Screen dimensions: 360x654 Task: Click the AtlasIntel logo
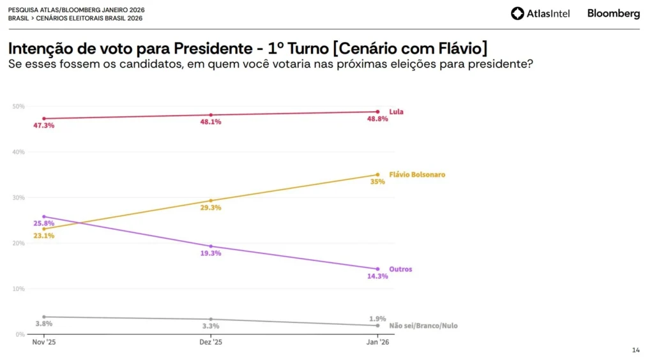click(540, 13)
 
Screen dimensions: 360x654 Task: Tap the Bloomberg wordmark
click(613, 13)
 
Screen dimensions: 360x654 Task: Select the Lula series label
click(396, 112)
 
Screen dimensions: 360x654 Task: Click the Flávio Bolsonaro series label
click(417, 174)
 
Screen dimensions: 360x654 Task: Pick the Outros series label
click(400, 269)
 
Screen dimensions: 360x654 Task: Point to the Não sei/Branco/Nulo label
click(423, 326)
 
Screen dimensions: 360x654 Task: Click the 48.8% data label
click(377, 119)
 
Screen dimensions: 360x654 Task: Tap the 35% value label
click(377, 182)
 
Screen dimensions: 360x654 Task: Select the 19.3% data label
click(211, 253)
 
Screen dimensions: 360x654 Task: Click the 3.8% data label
click(43, 324)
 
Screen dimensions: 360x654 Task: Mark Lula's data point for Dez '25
click(211, 115)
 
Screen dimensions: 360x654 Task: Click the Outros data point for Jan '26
click(377, 269)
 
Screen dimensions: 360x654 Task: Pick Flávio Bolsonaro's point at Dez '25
click(211, 200)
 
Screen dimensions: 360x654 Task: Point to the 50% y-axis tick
click(19, 107)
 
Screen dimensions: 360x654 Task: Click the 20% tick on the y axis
click(19, 243)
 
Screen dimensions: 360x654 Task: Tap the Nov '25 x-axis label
click(43, 343)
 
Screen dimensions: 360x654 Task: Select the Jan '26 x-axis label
click(377, 343)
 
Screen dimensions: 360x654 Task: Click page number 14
click(635, 350)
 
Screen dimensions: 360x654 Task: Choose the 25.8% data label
click(43, 223)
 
